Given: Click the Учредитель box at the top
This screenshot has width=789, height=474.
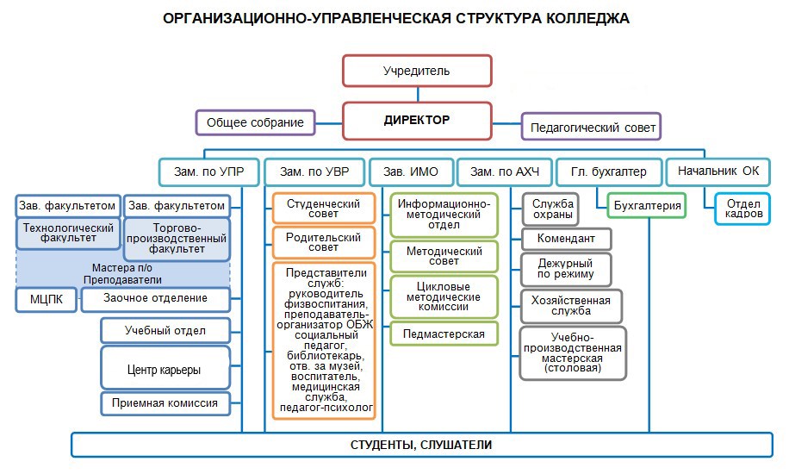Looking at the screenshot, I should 417,71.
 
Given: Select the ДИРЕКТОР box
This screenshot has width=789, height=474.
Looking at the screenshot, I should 417,120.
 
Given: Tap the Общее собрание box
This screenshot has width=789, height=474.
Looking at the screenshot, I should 256,122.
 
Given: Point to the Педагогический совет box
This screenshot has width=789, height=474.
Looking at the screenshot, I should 592,127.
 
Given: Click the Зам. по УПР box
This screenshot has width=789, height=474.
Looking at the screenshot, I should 209,172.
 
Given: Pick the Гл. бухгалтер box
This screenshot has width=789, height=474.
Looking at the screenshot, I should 608,172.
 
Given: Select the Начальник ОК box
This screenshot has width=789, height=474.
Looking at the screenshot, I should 718,172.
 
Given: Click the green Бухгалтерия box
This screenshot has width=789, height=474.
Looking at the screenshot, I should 647,206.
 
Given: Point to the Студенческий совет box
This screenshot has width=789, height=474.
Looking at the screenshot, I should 324,208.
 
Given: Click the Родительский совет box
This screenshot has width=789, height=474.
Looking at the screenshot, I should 324,241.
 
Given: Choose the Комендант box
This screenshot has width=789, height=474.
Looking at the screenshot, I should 565,239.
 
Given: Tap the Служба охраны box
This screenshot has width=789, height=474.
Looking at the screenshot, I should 553,208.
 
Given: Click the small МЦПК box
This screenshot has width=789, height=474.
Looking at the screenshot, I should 46,299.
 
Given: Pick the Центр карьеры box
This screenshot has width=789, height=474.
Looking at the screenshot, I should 165,369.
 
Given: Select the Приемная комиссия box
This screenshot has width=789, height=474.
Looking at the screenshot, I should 165,402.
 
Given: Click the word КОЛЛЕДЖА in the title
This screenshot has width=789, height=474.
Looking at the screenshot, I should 588,18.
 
